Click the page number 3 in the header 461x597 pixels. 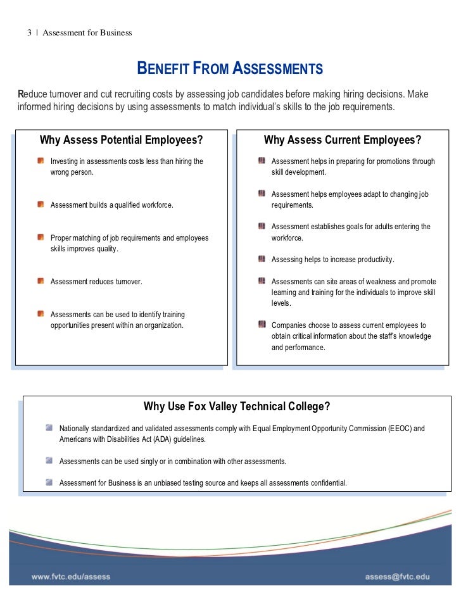(x=29, y=32)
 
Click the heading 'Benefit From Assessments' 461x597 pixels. (x=230, y=69)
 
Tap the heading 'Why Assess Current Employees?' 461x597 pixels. (x=343, y=140)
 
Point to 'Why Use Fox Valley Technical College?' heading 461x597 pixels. (x=237, y=406)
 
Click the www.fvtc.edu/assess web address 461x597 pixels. (x=72, y=577)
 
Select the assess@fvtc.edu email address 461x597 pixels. (x=397, y=577)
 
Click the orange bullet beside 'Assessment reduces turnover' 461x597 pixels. (x=41, y=280)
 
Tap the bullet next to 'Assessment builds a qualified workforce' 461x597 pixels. (x=41, y=204)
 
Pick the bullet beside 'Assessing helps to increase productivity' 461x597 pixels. (x=262, y=259)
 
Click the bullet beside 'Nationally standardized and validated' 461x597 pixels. (x=49, y=428)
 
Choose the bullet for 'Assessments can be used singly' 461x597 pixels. (x=49, y=461)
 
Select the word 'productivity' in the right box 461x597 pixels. (x=374, y=260)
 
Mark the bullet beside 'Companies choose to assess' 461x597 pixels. (x=262, y=325)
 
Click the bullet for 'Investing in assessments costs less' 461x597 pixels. (x=41, y=161)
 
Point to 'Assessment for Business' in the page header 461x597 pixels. (x=87, y=32)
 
